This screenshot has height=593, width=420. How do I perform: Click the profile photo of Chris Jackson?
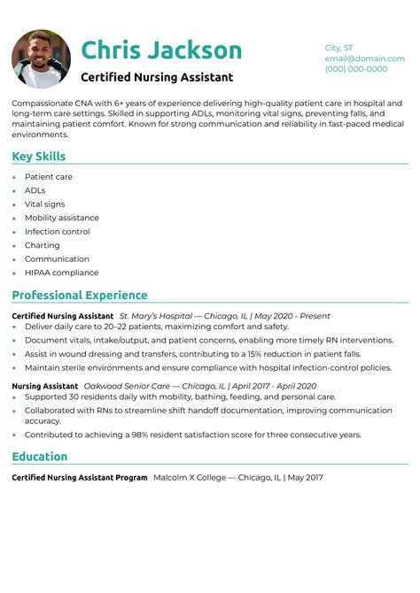(41, 58)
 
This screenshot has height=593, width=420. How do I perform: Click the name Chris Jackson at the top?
(161, 50)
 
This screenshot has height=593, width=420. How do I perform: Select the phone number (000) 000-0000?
(355, 69)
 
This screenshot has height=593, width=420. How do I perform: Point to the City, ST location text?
(338, 48)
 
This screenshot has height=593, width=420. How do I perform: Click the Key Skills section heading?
(39, 157)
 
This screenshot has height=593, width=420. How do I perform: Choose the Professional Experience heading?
(80, 295)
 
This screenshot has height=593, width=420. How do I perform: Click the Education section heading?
(40, 457)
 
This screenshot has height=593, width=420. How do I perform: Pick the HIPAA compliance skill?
(61, 273)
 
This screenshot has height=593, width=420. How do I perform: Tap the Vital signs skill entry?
(44, 204)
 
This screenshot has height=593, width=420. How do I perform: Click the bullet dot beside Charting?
(14, 246)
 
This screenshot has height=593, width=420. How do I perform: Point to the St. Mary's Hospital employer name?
(155, 316)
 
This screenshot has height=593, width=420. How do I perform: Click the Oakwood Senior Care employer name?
(124, 386)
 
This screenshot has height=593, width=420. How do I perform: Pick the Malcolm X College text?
(189, 478)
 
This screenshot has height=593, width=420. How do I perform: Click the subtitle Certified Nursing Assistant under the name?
(157, 77)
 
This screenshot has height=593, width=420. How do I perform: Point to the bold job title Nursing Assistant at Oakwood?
(43, 386)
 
